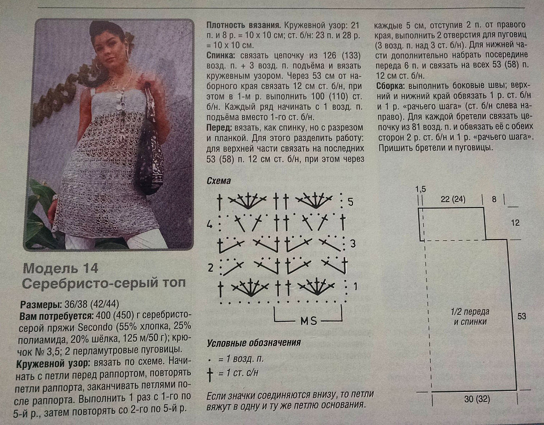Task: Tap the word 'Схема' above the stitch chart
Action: coord(219,181)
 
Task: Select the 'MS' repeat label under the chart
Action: coord(309,321)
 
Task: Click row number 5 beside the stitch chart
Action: coord(350,202)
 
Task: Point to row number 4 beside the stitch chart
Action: coord(209,224)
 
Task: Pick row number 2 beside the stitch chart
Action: coord(211,267)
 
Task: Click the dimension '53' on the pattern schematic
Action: coord(522,316)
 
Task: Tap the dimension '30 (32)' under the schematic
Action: coord(477,399)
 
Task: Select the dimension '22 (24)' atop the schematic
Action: coord(453,199)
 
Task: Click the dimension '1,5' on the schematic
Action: coord(421,189)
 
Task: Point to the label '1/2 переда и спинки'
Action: coord(470,316)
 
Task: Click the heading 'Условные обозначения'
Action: coord(254,343)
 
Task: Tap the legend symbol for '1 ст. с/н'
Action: coord(210,374)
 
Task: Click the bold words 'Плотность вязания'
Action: coord(244,26)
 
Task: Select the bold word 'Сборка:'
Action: coord(391,86)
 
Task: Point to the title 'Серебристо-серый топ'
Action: coord(104,283)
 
